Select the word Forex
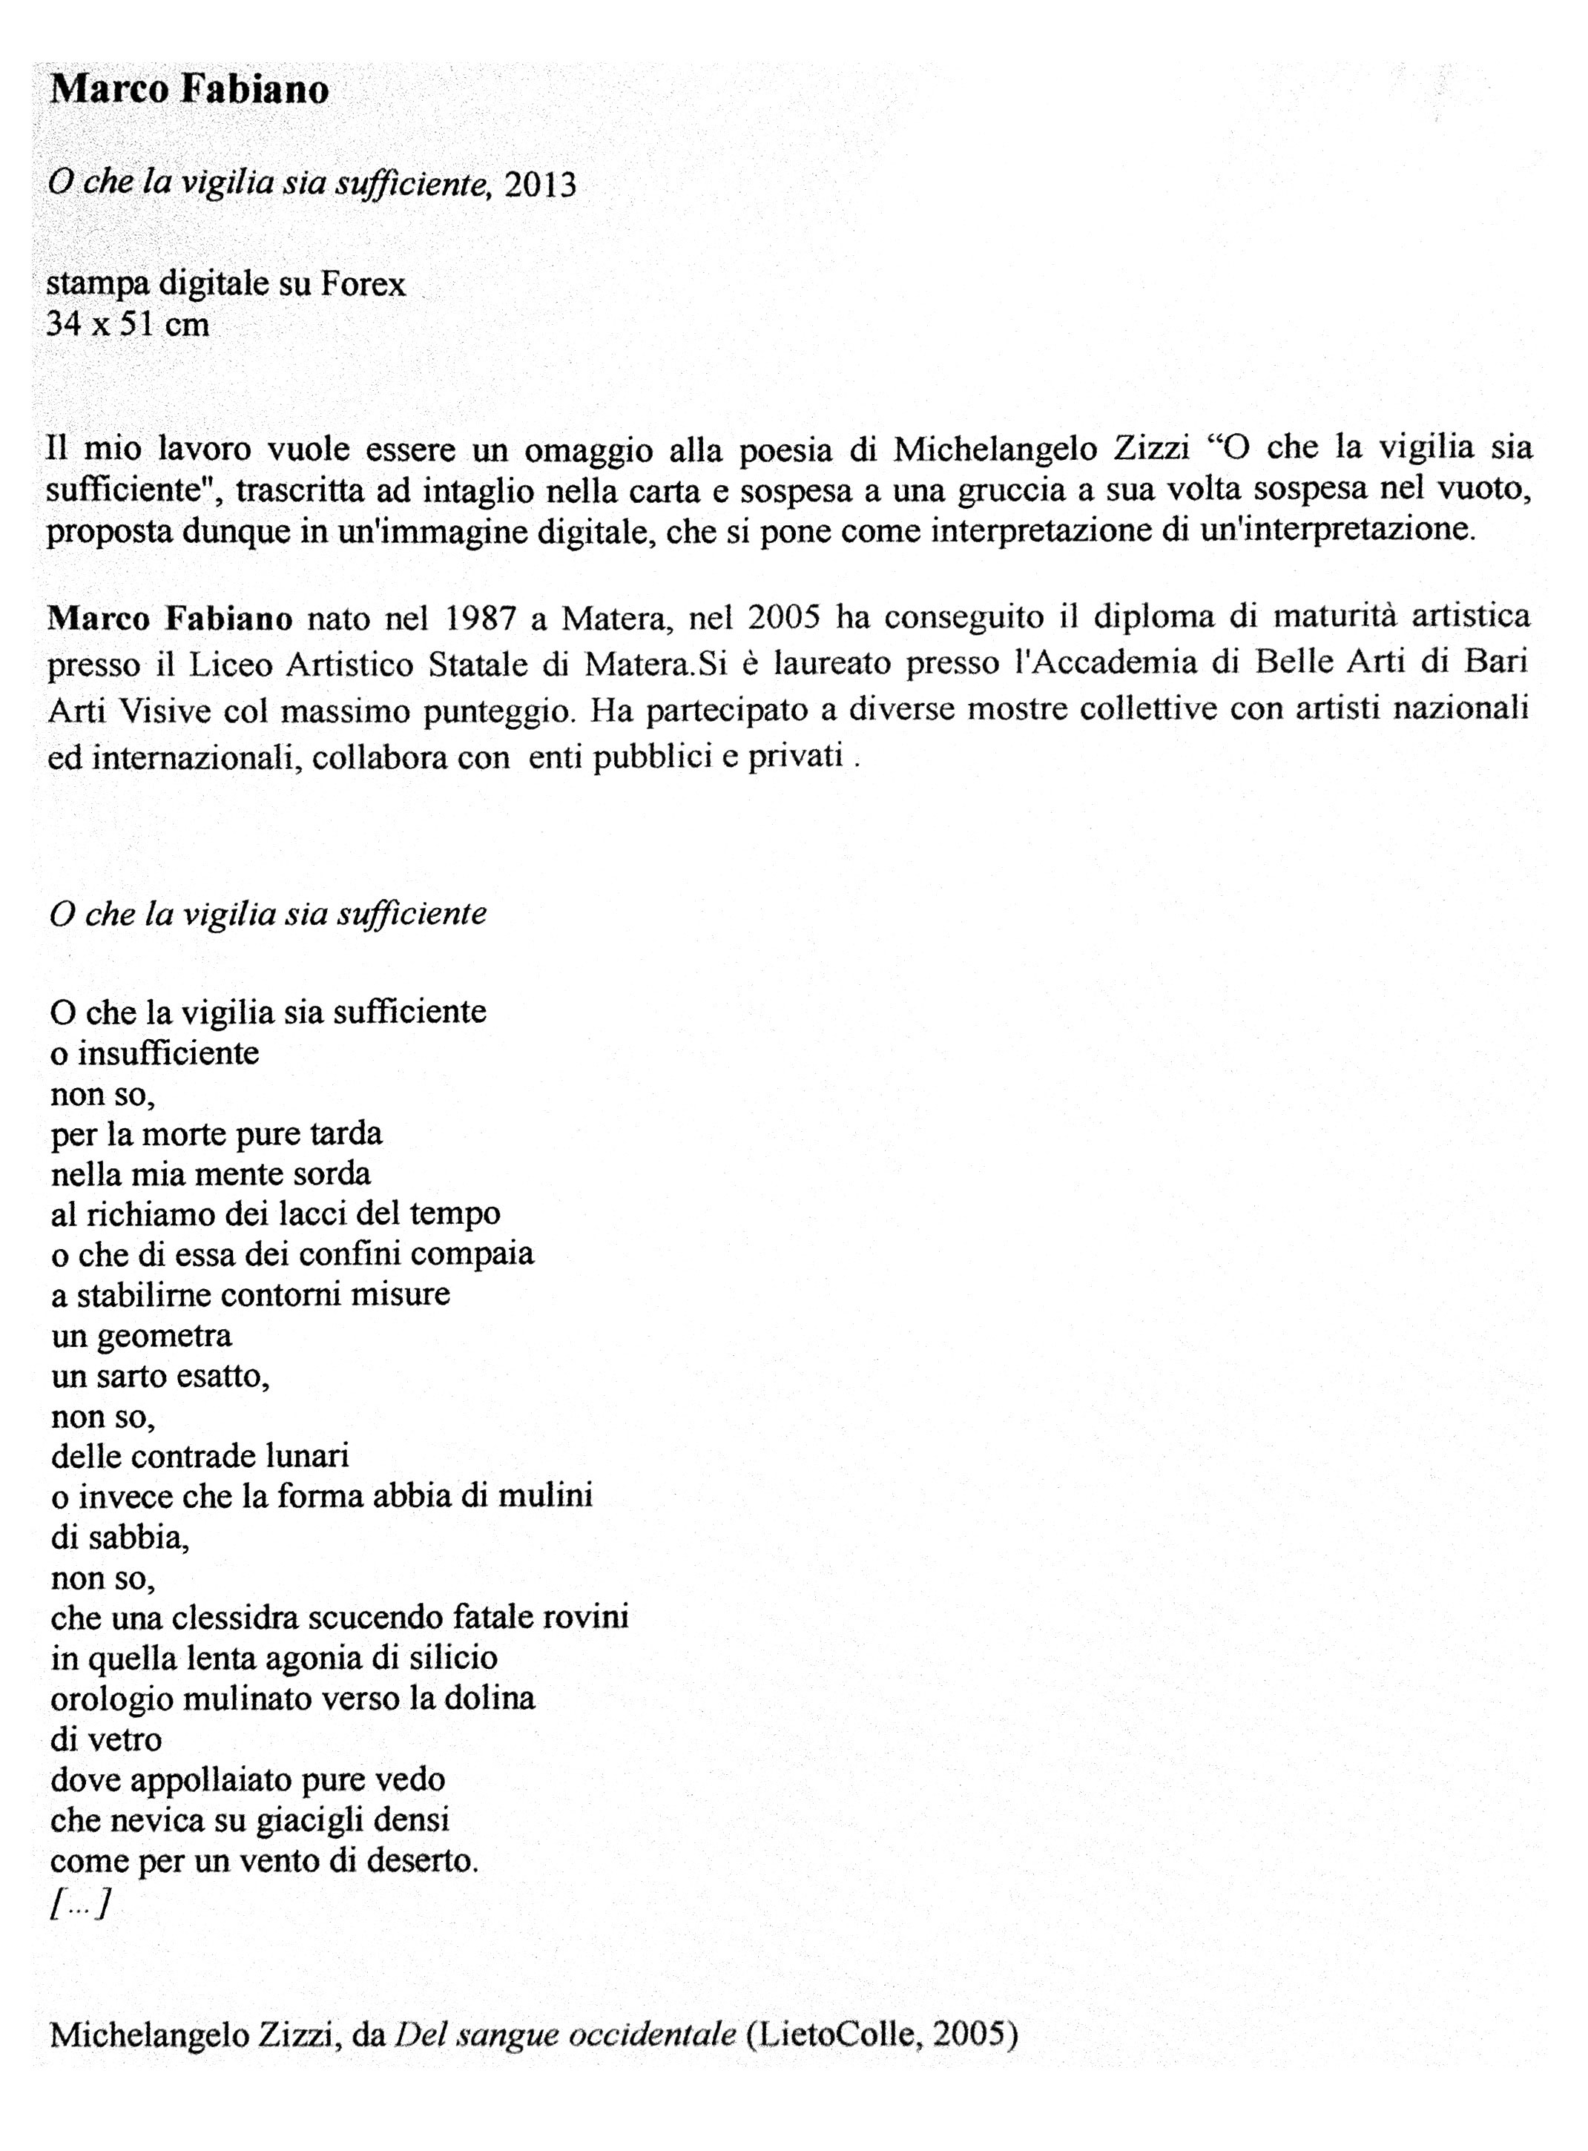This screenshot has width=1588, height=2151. pos(363,285)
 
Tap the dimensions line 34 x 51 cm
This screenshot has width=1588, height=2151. pos(128,325)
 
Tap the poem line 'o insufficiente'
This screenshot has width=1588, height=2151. pos(155,1053)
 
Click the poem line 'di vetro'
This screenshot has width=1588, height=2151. pos(106,1739)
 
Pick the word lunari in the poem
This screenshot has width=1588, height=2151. pos(308,1456)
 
